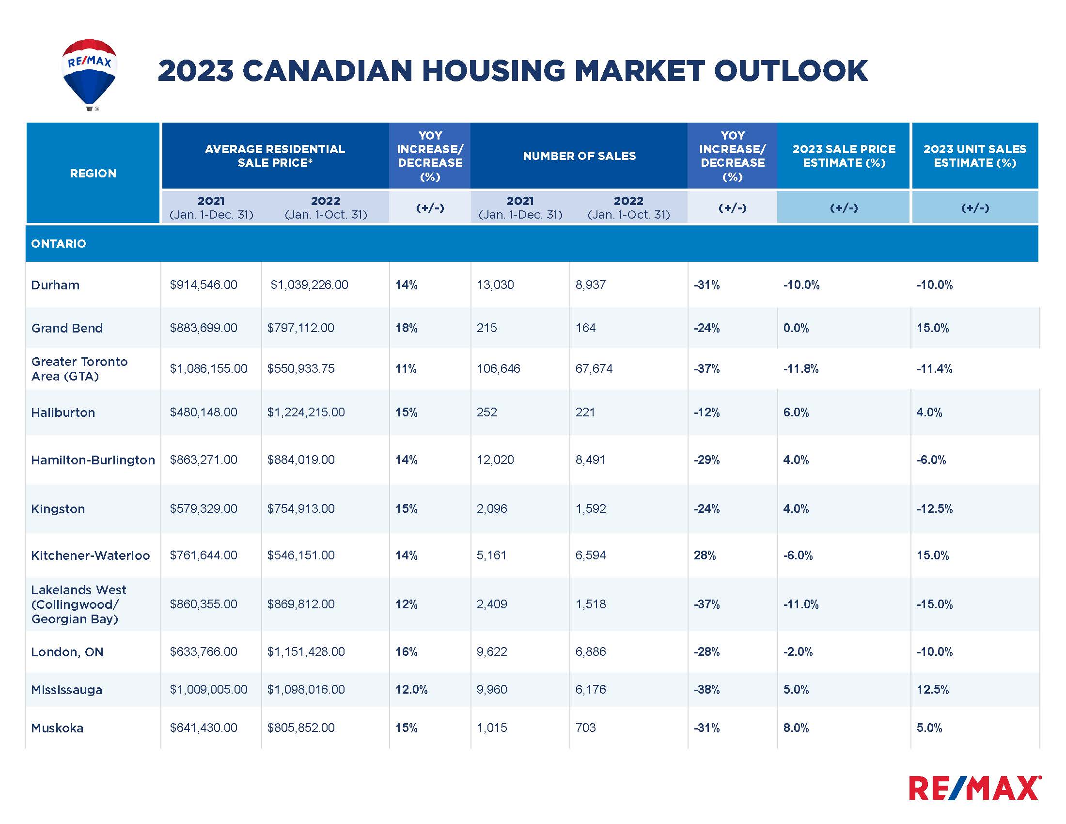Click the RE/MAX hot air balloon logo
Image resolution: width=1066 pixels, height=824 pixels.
click(89, 73)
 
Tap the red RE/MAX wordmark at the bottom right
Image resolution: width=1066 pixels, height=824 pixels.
click(974, 788)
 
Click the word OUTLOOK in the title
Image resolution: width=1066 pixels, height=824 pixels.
click(790, 71)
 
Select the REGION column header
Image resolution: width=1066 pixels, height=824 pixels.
click(93, 174)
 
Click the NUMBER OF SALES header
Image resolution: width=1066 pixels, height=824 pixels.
click(579, 156)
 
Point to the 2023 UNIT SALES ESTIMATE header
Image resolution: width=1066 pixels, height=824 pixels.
click(974, 156)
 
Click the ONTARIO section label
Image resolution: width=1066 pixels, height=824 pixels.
click(59, 244)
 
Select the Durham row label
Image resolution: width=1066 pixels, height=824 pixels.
click(55, 285)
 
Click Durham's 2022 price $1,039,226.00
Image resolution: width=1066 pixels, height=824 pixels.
click(310, 285)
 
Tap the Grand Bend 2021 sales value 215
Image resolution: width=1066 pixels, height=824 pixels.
click(486, 328)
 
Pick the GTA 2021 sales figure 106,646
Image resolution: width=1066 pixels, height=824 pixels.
click(498, 368)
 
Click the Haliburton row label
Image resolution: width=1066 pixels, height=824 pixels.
click(63, 412)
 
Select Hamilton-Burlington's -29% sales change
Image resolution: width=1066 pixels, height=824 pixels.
click(706, 460)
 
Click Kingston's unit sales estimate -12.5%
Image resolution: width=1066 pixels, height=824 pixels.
click(934, 508)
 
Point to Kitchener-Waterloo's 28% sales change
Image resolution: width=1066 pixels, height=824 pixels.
click(705, 555)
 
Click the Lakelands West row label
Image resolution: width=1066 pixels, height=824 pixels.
click(78, 604)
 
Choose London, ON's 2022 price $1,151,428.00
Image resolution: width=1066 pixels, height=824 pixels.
click(306, 651)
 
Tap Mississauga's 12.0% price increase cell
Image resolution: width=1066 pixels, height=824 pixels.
click(411, 689)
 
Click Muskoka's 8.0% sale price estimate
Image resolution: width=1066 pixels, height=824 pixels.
click(796, 728)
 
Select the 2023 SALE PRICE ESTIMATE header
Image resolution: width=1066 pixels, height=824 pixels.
click(844, 156)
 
